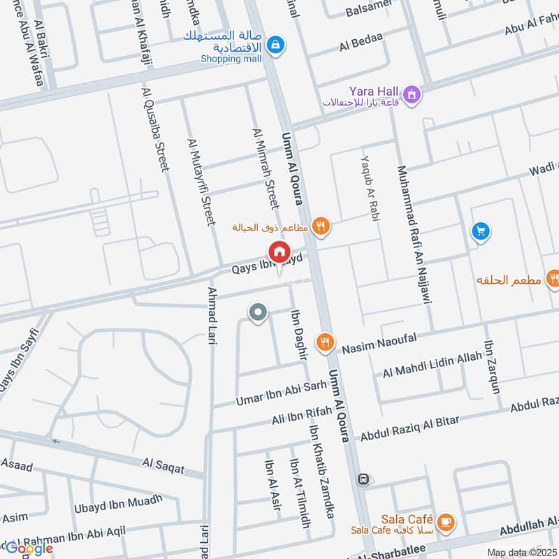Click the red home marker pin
(x=279, y=252)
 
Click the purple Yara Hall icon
(x=412, y=92)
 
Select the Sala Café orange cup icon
(x=444, y=521)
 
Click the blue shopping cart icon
(x=479, y=231)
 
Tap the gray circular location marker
(x=259, y=313)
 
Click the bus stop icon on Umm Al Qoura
(x=363, y=479)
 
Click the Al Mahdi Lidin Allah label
(x=432, y=365)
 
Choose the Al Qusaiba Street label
(x=155, y=129)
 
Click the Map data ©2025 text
(x=522, y=553)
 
